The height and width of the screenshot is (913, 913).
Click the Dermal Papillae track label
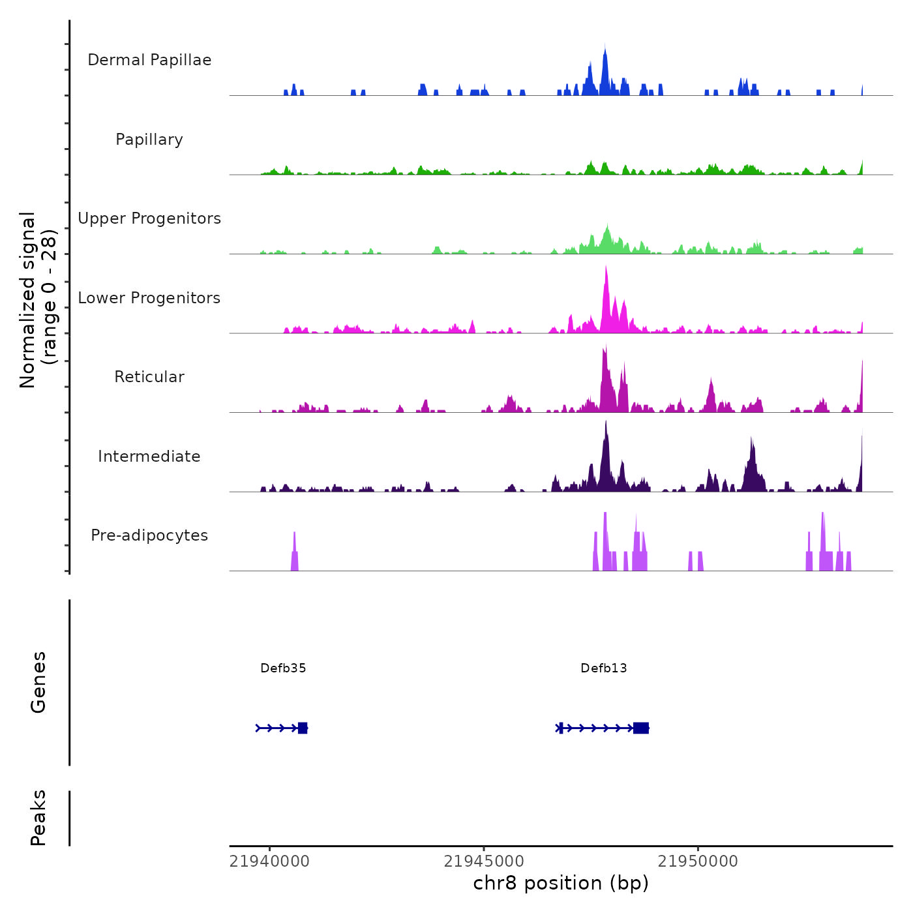(149, 60)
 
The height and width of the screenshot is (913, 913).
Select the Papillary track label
(149, 140)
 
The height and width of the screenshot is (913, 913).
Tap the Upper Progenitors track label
(149, 218)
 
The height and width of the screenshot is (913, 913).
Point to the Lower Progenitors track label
(149, 298)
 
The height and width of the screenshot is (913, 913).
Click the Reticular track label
(149, 377)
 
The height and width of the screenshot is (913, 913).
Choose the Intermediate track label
(149, 456)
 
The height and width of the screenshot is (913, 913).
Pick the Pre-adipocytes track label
(149, 535)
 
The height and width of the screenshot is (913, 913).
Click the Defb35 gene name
(283, 668)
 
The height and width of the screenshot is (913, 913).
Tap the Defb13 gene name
(604, 668)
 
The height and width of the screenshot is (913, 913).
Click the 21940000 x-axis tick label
(269, 861)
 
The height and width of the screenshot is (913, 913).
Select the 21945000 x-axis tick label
(484, 861)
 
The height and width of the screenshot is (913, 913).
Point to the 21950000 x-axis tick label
(698, 861)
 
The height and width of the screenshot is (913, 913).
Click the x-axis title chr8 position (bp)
(561, 883)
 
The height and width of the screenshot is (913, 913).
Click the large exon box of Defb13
(641, 728)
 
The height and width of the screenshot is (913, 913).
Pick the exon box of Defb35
(303, 728)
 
